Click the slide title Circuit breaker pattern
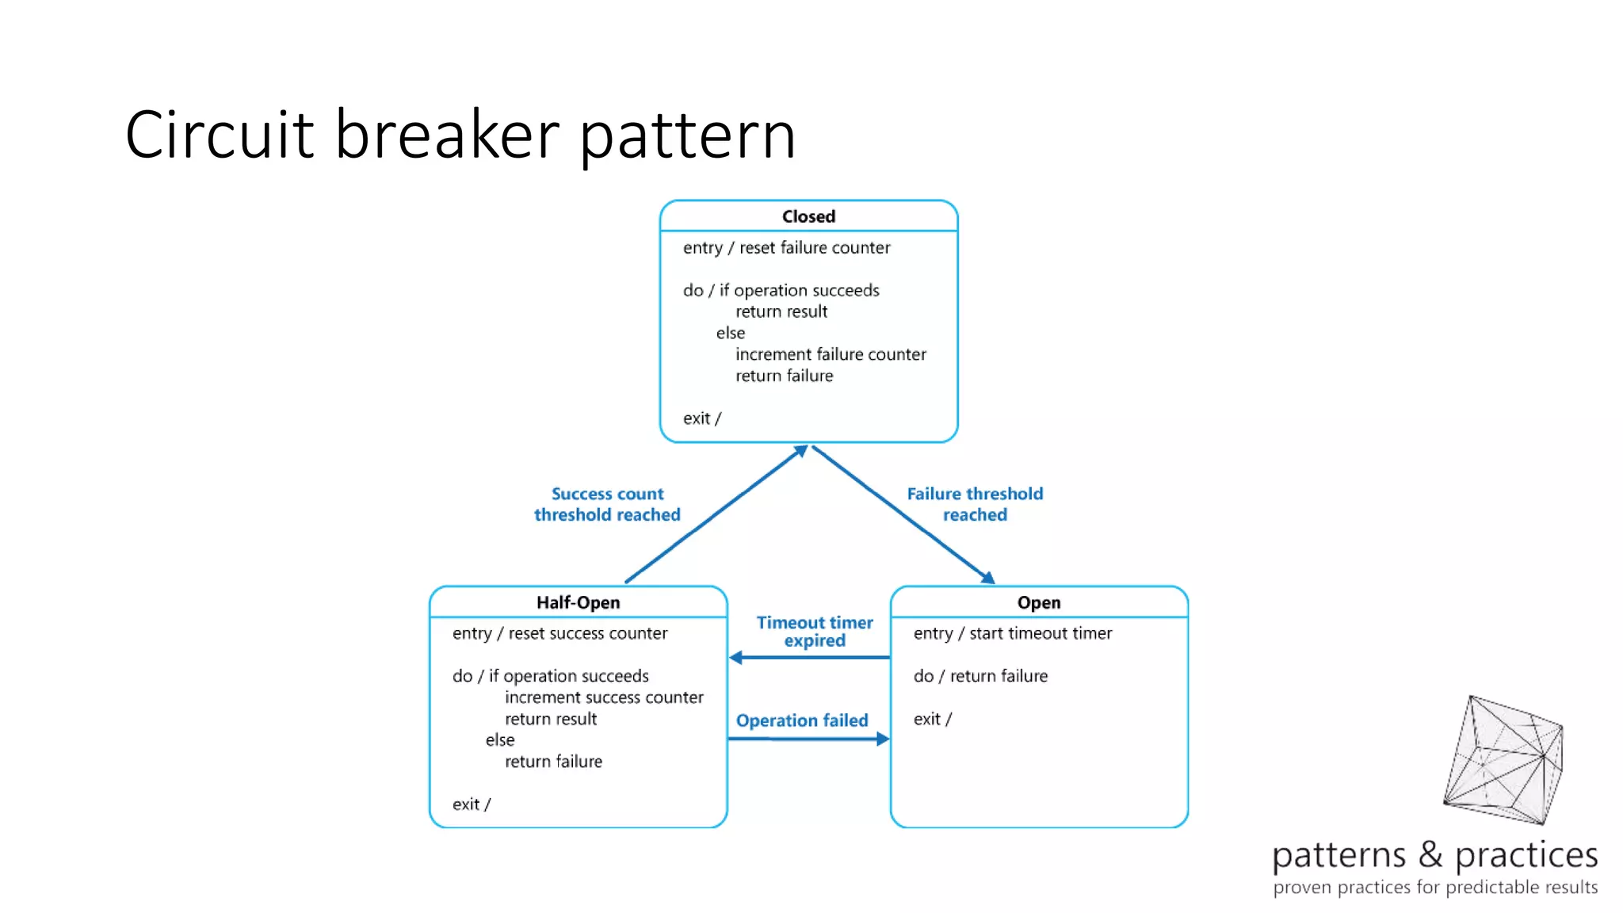tap(460, 135)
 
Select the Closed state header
tap(808, 216)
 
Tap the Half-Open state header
tap(578, 602)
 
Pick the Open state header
tap(1038, 602)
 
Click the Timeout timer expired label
tap(815, 632)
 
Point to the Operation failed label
tap(802, 720)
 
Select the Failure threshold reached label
tap(975, 504)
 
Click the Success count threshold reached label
tap(607, 504)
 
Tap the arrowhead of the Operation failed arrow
tap(882, 739)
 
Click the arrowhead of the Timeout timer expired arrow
tap(736, 657)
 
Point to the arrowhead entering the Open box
tap(987, 578)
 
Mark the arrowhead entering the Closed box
tap(801, 451)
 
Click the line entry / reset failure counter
tap(786, 248)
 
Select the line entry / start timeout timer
tap(1012, 633)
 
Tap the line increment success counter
tap(604, 697)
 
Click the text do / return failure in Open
tap(980, 676)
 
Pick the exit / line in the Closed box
tap(701, 418)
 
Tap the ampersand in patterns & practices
tap(1430, 854)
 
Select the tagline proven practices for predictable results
tap(1434, 887)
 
